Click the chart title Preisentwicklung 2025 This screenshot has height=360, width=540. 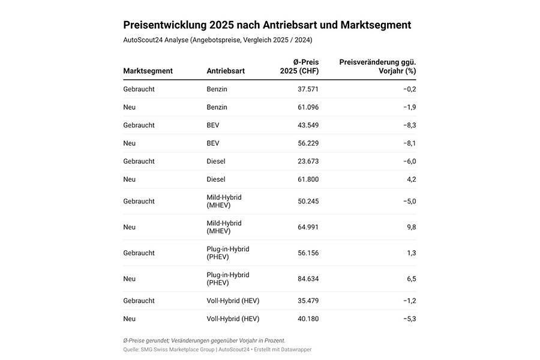pos(267,25)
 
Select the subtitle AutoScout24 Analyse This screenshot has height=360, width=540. pos(217,40)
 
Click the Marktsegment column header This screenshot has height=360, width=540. pos(148,71)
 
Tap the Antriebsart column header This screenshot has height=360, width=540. pos(226,71)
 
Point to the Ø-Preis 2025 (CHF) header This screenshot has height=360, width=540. pos(299,66)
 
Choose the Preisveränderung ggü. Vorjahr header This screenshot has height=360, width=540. pos(377,66)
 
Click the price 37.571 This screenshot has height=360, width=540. pos(308,89)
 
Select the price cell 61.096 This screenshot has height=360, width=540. pos(308,107)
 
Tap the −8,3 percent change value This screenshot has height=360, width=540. pos(409,125)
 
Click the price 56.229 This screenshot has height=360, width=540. pos(308,143)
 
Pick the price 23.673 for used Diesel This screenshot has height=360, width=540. pos(308,161)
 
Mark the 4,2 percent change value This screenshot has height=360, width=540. pos(411,179)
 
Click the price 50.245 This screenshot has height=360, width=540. pos(308,202)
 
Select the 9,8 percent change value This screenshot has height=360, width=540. pos(411,227)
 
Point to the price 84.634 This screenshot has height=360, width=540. pos(308,279)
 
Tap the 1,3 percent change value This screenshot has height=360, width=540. pos(411,253)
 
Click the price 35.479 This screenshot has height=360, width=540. pos(308,301)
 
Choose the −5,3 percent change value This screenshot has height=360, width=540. pos(409,319)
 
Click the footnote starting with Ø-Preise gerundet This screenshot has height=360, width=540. pos(204,341)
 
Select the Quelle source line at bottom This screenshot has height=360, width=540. pos(217,349)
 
